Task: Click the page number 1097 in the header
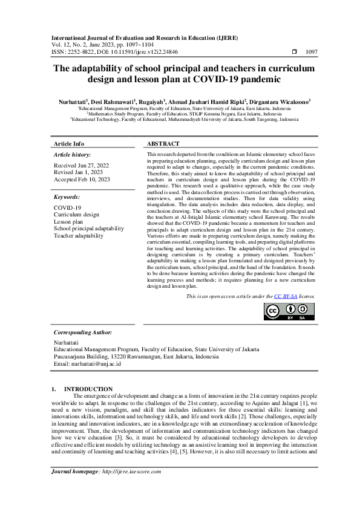coord(312,53)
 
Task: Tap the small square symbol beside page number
coord(294,53)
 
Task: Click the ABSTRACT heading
coord(163,144)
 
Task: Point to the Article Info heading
coord(69,144)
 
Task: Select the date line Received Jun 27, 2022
coord(81,165)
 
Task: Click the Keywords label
coord(67,197)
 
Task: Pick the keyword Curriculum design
coord(76,215)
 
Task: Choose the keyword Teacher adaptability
coord(79,235)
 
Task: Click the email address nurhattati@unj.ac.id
coord(88,364)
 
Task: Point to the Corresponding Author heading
coord(83,332)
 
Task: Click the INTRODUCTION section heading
coord(88,389)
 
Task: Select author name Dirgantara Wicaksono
coord(281,102)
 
